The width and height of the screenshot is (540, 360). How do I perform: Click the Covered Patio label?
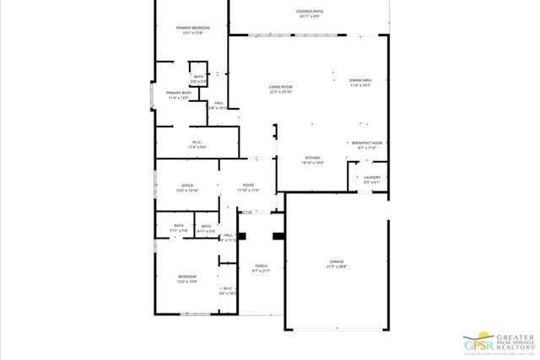[310, 13]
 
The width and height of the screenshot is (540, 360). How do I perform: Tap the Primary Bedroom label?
[192, 30]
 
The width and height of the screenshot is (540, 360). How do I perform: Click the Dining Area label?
[360, 83]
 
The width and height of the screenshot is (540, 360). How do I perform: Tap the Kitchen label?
[313, 160]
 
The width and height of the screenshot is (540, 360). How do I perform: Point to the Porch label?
[261, 269]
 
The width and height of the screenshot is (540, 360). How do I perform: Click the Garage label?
[337, 265]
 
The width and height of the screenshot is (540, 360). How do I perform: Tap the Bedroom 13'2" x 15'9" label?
[186, 279]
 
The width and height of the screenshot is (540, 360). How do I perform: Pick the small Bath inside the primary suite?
[198, 78]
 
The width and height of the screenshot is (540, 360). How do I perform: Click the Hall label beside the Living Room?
[218, 105]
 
